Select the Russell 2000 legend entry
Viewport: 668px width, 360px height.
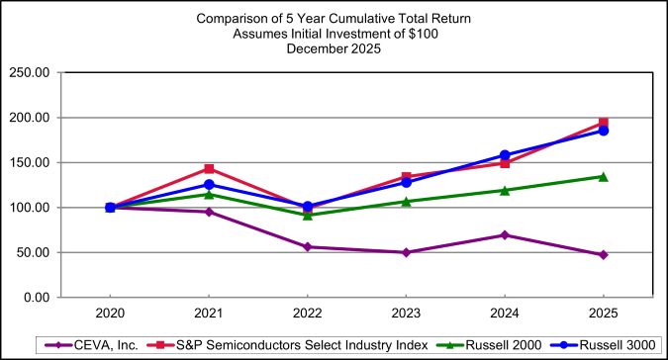click(506, 344)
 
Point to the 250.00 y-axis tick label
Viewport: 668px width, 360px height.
click(30, 72)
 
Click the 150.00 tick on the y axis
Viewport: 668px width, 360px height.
click(30, 162)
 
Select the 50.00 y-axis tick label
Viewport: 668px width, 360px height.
click(33, 252)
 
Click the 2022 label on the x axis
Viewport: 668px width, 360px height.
click(307, 314)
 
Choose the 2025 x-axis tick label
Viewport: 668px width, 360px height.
click(603, 314)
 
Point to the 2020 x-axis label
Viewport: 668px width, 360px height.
click(110, 314)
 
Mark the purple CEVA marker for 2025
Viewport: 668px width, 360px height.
click(603, 255)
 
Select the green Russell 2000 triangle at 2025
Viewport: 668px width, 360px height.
click(603, 176)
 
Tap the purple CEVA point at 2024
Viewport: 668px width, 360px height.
click(505, 234)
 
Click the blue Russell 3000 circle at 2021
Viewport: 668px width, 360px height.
click(209, 185)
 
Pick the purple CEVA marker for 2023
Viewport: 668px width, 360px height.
click(406, 252)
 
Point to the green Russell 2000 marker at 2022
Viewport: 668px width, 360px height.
click(307, 215)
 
